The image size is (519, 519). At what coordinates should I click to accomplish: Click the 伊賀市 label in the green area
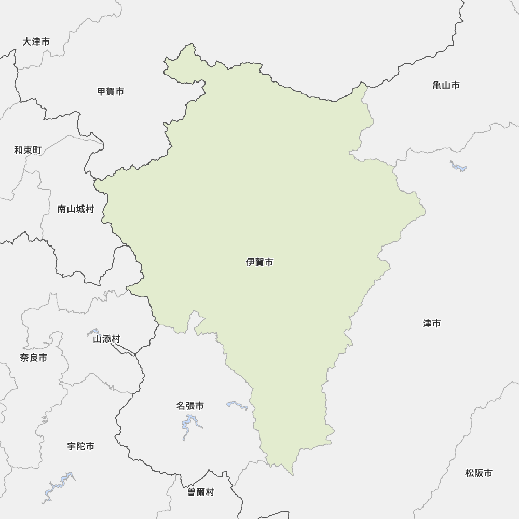point(259,263)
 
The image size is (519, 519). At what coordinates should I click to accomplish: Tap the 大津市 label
point(36,42)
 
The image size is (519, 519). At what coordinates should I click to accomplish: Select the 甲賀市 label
point(111,92)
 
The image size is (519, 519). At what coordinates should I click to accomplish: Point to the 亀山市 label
point(446,86)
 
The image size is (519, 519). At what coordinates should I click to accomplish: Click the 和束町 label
point(28,151)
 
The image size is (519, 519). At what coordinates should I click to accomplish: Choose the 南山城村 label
point(76,210)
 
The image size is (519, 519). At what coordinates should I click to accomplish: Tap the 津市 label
point(431,324)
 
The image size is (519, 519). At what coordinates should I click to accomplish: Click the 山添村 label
point(106,339)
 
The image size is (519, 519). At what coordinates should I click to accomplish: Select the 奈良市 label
point(33,358)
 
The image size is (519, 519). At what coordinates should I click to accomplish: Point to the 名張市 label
point(190,406)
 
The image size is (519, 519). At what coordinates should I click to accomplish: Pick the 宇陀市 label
point(81,446)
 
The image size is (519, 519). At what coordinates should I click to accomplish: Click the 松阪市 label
point(479,473)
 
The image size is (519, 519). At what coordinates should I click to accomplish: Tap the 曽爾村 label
point(201,493)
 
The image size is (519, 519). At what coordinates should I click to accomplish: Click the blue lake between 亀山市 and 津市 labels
point(458,166)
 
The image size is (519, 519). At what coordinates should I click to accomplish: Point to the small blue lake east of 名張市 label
point(237,404)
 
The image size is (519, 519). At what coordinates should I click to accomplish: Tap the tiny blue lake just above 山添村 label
point(93,331)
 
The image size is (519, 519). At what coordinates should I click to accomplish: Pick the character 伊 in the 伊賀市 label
point(250,263)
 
